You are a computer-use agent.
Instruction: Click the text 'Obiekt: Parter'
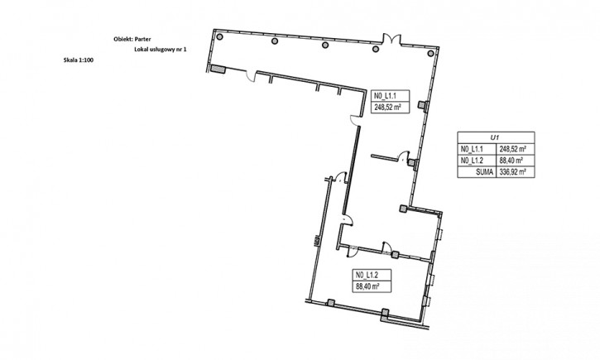132,39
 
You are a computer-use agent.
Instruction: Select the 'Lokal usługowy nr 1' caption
161,50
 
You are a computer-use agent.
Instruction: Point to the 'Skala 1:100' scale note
79,60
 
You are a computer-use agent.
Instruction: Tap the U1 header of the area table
496,137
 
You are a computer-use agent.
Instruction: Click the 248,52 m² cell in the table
516,149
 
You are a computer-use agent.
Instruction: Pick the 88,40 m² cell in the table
516,161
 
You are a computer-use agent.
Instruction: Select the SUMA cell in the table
477,172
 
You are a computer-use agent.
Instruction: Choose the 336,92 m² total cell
516,172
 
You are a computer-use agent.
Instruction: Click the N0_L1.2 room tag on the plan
367,275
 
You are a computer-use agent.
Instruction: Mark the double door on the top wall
392,39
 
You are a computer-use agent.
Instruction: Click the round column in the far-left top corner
219,36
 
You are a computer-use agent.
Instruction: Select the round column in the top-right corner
430,53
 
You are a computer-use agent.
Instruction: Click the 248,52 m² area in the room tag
390,108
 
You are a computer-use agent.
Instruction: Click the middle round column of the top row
325,45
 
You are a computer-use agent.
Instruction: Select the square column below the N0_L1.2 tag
386,314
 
